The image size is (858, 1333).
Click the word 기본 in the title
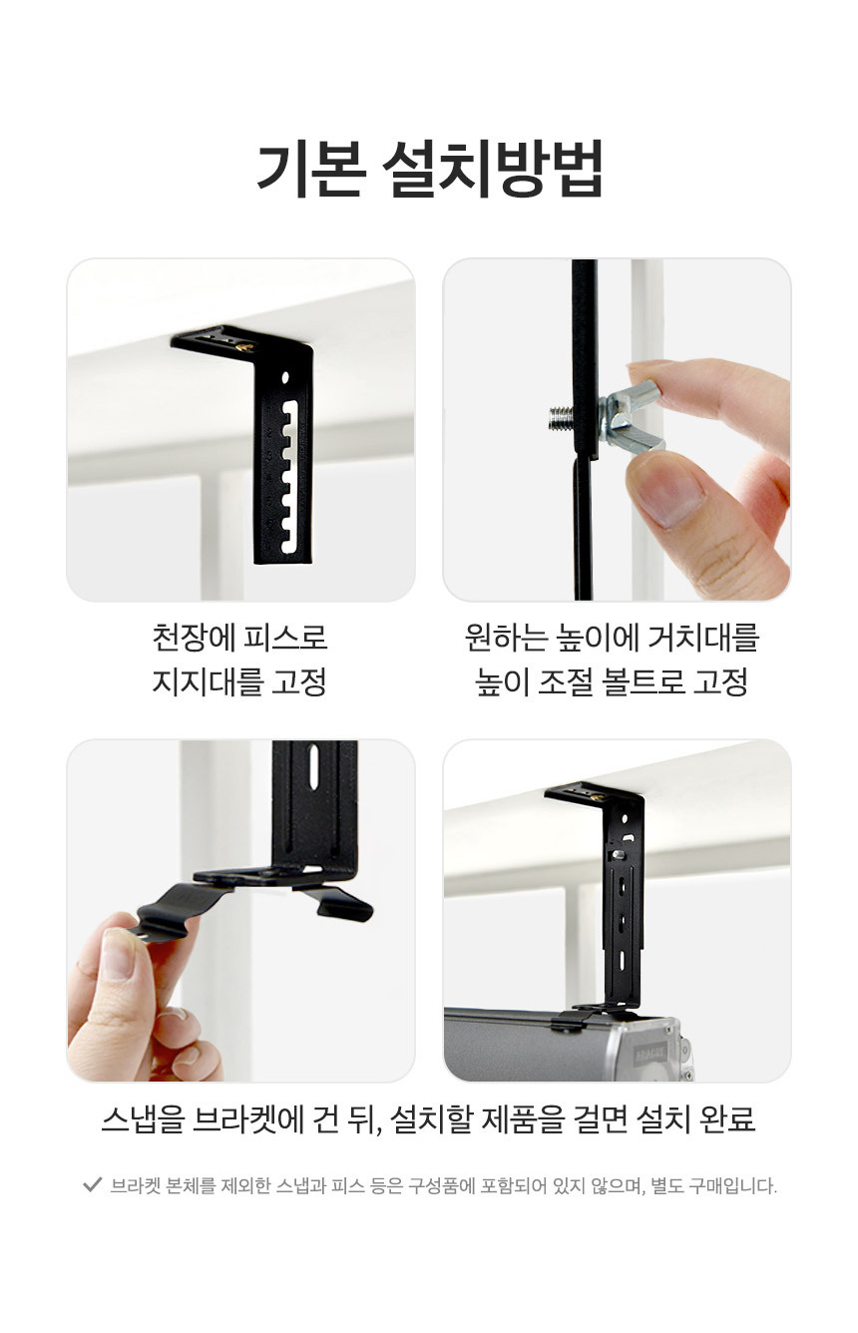coord(310,169)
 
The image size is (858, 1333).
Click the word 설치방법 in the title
coord(492,169)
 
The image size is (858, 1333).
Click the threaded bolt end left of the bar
coord(561,418)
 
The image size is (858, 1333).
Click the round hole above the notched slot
coord(285,377)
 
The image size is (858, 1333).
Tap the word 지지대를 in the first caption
coord(208,682)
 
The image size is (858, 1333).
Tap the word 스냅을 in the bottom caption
coord(143,1119)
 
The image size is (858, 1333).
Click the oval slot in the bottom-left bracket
coord(313,768)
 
